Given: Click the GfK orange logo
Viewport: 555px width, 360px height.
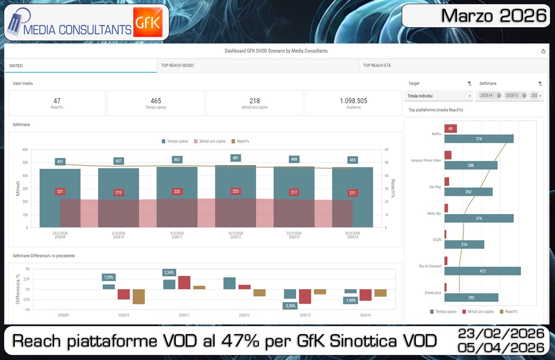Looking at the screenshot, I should (148, 22).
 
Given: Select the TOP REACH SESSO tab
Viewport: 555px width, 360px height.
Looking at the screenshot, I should (178, 66).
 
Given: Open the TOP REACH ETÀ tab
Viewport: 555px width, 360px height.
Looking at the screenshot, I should (377, 66).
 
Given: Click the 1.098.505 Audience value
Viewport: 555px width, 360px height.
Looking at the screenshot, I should (353, 101).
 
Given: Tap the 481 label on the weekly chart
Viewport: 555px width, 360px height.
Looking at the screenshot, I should (236, 158).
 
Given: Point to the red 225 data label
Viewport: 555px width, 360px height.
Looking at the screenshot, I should (236, 191).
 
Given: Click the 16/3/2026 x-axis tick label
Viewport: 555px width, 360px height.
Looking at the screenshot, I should (236, 233).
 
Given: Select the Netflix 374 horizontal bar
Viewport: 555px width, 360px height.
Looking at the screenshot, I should (479, 139).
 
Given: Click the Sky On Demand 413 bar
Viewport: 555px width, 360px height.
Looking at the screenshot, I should (482, 271).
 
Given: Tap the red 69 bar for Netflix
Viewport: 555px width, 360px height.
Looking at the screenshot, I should (450, 128).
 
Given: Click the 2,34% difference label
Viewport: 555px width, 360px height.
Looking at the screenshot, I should (169, 273).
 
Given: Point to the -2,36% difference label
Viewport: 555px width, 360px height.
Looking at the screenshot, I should (290, 305).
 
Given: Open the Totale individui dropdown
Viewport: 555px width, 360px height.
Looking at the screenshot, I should (439, 96).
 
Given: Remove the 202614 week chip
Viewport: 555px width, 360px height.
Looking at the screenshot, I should (499, 96).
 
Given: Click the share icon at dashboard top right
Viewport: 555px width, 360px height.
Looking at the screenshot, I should (543, 51).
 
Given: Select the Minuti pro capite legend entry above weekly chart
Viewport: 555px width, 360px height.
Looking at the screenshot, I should (211, 141).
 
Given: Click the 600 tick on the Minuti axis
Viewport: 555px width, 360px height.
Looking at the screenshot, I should (25, 150).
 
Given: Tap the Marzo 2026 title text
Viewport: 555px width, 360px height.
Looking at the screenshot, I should (493, 16).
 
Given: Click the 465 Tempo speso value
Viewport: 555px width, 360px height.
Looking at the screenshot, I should (156, 101).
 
